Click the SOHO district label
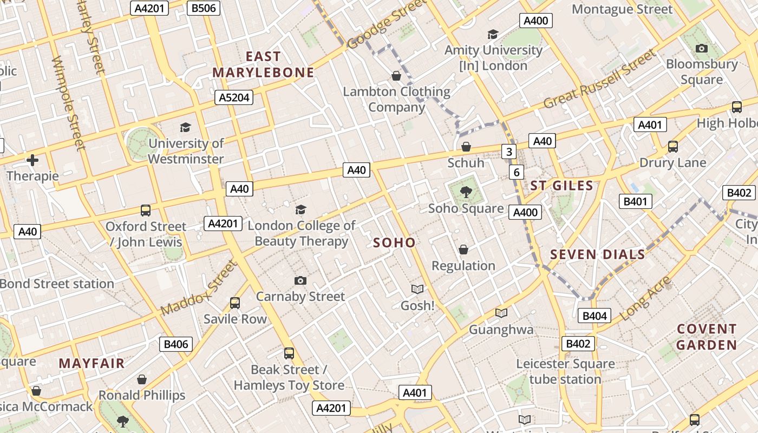(x=394, y=243)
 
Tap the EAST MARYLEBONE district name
(x=263, y=64)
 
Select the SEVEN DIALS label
(x=598, y=254)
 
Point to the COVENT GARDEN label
(x=707, y=337)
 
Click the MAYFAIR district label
(x=92, y=363)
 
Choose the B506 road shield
(x=203, y=8)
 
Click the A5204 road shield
(x=234, y=97)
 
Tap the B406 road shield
(x=177, y=344)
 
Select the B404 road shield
(x=594, y=316)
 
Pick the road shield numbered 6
(x=517, y=173)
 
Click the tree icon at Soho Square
(x=466, y=192)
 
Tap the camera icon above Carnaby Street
(x=300, y=280)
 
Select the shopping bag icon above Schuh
(x=466, y=147)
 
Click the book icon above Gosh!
(x=417, y=290)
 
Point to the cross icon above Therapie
(x=32, y=160)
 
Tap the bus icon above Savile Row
(x=235, y=303)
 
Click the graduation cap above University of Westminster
(x=186, y=127)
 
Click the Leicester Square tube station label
(x=565, y=371)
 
